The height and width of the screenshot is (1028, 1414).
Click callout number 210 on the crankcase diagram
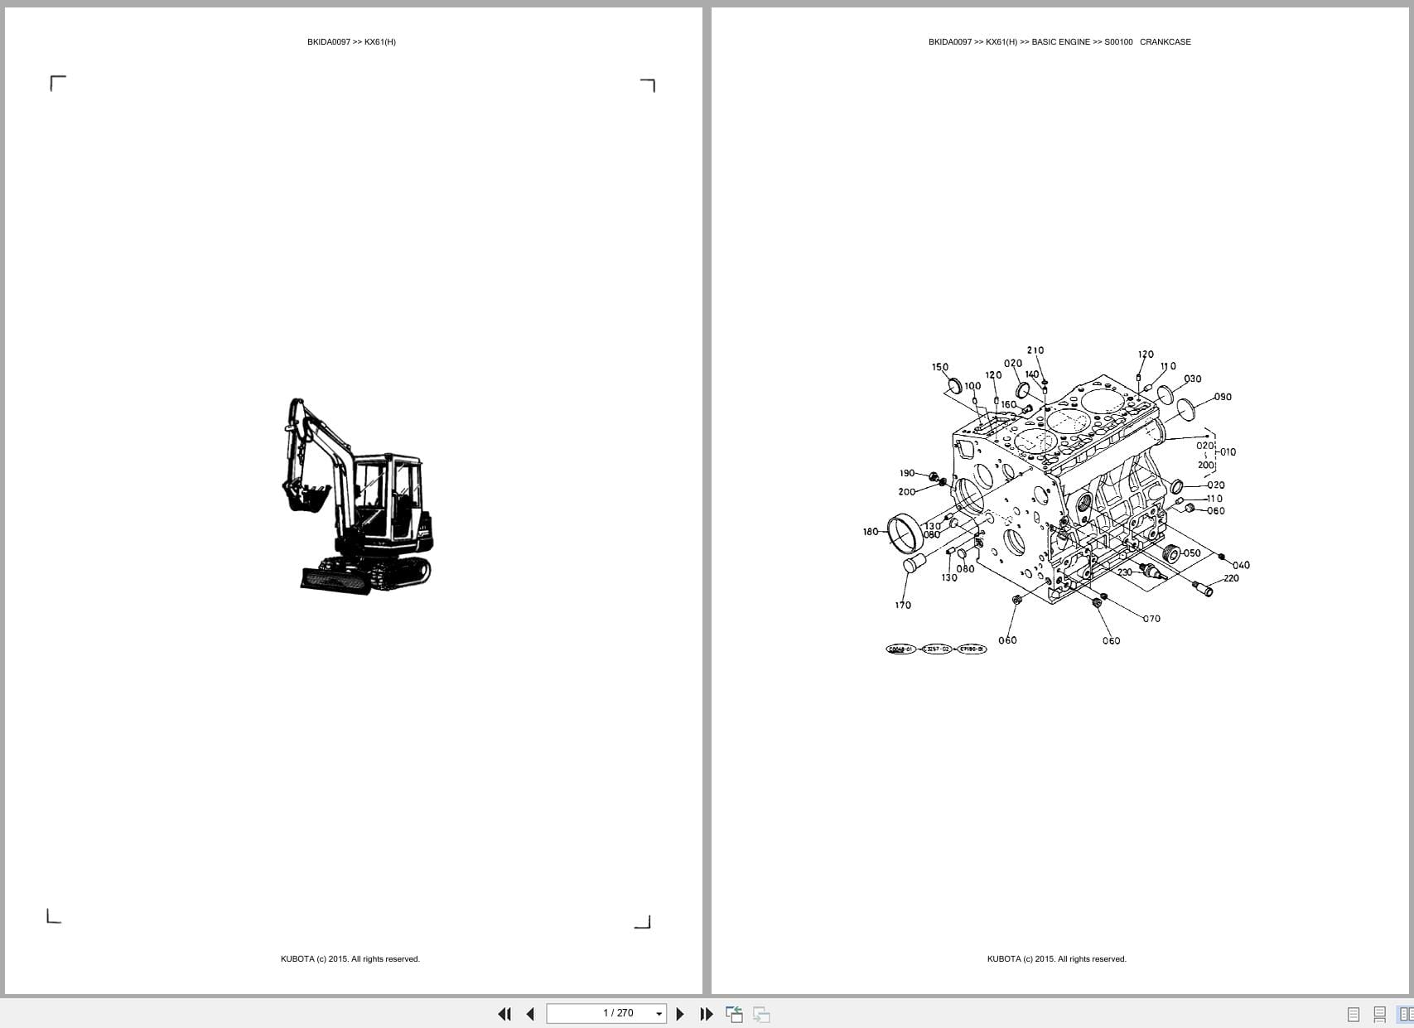[x=1035, y=350]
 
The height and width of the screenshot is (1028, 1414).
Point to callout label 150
[x=940, y=367]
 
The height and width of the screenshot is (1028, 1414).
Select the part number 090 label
[x=1223, y=397]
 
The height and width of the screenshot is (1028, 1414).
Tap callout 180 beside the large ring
[x=870, y=532]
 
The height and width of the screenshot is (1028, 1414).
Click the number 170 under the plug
[x=903, y=605]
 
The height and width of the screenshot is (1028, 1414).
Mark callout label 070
[x=1152, y=619]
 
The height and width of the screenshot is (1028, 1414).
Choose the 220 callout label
[x=1231, y=578]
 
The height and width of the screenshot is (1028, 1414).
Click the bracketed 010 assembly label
[x=1228, y=452]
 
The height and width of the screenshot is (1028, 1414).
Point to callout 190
[x=907, y=473]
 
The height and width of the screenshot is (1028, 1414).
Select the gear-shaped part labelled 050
[x=1171, y=553]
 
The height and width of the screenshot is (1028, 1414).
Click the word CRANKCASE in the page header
[x=1165, y=41]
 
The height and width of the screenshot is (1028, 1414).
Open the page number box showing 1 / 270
[x=606, y=1013]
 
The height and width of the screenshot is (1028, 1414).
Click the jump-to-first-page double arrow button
[x=504, y=1014]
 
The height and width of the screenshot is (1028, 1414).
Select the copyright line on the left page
[x=350, y=959]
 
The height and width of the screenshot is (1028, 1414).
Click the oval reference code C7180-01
[x=972, y=649]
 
